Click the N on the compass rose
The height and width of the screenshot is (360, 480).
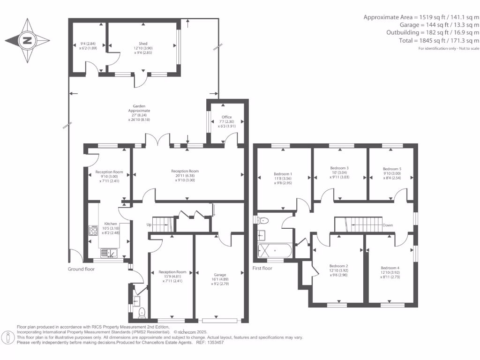pos(27,40)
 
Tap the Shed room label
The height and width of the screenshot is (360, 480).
pos(143,44)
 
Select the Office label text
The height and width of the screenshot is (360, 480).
pos(226,117)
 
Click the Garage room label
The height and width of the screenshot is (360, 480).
pos(220,275)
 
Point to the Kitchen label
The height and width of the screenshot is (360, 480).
pos(111,224)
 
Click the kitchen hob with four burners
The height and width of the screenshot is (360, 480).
pos(93,230)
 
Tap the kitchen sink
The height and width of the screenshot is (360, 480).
pos(109,253)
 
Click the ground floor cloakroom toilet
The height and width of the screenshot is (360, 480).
pos(142,313)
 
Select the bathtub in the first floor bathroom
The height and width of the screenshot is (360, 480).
pos(275,251)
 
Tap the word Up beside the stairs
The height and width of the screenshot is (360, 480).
pos(149,225)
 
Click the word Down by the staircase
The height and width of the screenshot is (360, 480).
pos(388,225)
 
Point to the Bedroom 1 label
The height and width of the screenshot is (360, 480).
pos(283,174)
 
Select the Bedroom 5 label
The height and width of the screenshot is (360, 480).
pos(392,169)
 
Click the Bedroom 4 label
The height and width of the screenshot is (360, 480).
pos(390,268)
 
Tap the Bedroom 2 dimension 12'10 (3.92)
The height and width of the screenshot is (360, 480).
pos(338,270)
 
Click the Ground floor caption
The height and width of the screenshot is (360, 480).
pos(81,269)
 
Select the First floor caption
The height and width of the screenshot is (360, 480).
pos(262,268)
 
